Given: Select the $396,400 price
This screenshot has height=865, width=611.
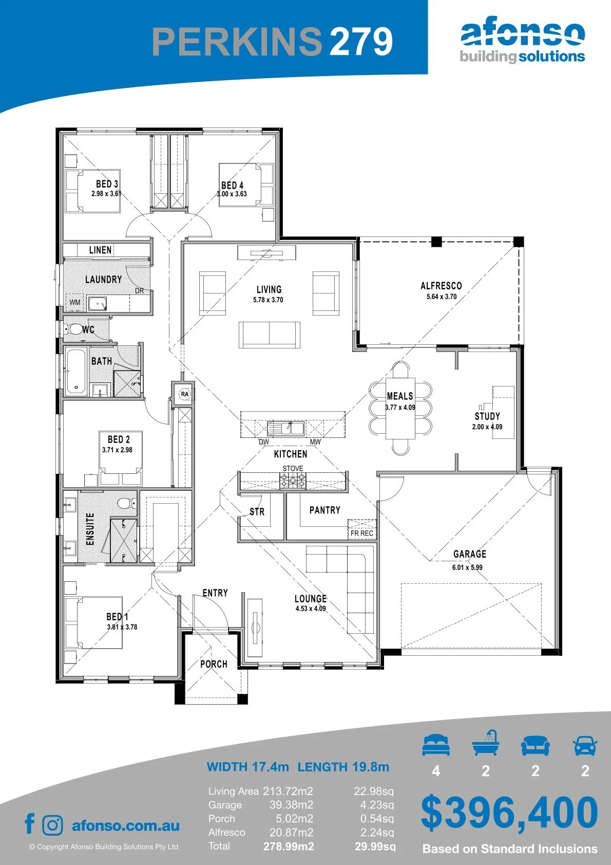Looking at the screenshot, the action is coord(509,813).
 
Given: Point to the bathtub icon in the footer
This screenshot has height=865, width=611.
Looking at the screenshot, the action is coord(486,743).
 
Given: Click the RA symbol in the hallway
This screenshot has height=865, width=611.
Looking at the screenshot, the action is coord(185,394).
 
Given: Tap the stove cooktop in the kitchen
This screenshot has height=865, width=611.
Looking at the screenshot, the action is coord(293,481).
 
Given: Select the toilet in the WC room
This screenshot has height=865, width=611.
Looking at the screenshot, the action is coord(73,329).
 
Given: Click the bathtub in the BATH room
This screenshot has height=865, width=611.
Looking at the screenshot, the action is coord(76,371).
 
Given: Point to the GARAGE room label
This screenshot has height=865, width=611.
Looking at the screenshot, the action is coord(469,554).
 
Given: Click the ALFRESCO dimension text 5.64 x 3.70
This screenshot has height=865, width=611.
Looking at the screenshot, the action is coord(441,297).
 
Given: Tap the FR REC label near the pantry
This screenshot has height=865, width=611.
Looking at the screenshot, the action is coord(362,533).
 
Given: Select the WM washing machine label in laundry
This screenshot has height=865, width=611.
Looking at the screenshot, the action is coord(75,302).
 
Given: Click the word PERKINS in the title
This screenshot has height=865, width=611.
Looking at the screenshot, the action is coord(237,41).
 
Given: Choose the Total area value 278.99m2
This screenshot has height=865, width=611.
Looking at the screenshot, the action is coord(289,846).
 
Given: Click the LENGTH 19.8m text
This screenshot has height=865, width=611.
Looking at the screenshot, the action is coord(343,766).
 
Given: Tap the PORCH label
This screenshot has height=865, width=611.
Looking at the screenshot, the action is coord(214,664).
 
